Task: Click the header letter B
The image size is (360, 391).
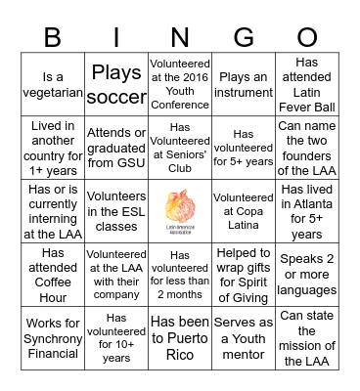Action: coord(51,36)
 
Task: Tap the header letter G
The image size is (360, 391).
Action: coord(245,36)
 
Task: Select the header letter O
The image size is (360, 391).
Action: coord(308,36)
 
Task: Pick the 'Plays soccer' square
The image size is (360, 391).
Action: coord(115,85)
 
